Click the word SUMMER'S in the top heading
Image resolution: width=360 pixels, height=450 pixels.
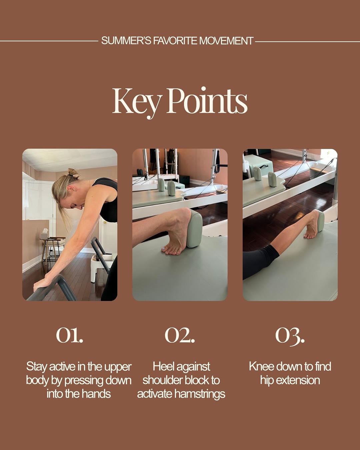(x=126, y=41)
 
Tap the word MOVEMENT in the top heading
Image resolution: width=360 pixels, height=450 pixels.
(x=226, y=41)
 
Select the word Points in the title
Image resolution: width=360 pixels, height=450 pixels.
(x=207, y=101)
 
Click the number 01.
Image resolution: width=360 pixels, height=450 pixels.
(x=70, y=335)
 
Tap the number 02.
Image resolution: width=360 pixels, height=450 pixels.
(x=180, y=335)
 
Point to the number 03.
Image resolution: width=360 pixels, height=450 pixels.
(x=290, y=336)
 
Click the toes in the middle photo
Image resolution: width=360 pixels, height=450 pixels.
(x=172, y=251)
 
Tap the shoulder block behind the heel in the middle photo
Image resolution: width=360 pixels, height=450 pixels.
(x=194, y=229)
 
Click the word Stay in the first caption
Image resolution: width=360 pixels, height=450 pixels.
(x=37, y=367)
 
